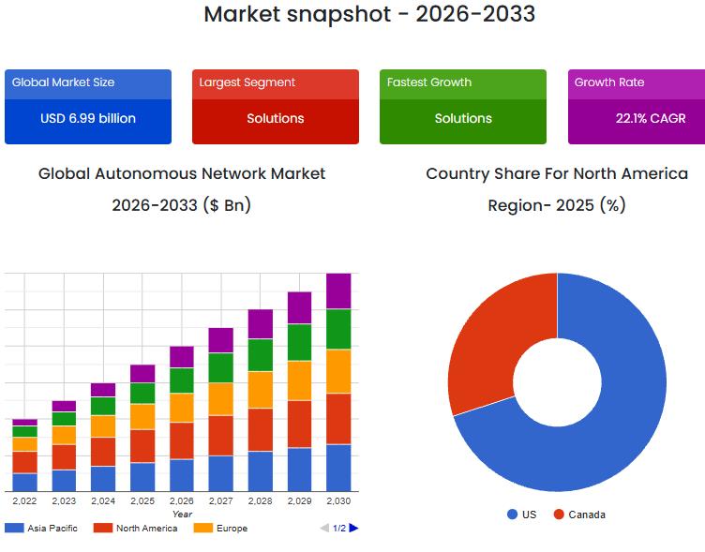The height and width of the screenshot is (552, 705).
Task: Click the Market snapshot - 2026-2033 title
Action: [369, 14]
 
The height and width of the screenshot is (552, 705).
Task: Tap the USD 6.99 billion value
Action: [88, 119]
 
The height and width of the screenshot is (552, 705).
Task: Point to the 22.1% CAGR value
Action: [651, 119]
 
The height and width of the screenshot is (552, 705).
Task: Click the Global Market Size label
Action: [64, 82]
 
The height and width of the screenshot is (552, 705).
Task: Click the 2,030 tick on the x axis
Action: [338, 501]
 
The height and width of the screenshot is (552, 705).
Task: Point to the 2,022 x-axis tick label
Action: [24, 501]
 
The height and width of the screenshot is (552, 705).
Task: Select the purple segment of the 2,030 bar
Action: [338, 291]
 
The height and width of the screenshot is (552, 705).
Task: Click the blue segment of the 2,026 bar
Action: [182, 475]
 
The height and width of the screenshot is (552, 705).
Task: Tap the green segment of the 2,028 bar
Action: [260, 355]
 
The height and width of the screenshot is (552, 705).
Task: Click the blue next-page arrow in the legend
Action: [353, 529]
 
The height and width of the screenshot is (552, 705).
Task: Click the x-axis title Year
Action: [182, 514]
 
